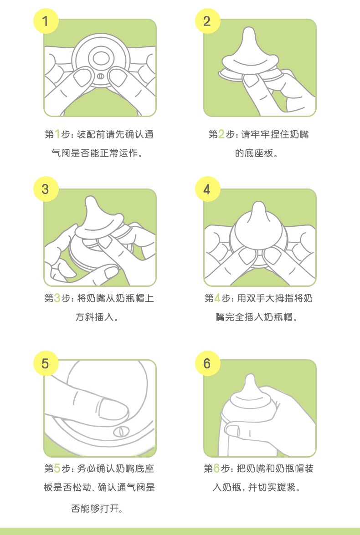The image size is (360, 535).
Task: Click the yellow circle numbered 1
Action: (46, 21)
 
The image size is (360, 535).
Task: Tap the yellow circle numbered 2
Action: (207, 21)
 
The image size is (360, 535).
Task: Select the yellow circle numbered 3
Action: (46, 189)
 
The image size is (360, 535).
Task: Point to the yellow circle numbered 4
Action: (207, 189)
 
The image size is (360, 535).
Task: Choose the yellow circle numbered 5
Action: (46, 363)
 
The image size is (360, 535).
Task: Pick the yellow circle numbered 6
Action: (207, 363)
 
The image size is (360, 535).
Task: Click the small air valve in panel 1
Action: (100, 76)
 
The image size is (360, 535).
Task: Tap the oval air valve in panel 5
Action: (120, 431)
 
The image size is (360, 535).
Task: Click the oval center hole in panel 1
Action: (101, 58)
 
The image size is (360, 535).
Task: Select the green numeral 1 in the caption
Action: (57, 134)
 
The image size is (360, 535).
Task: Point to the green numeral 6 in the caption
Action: (216, 468)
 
